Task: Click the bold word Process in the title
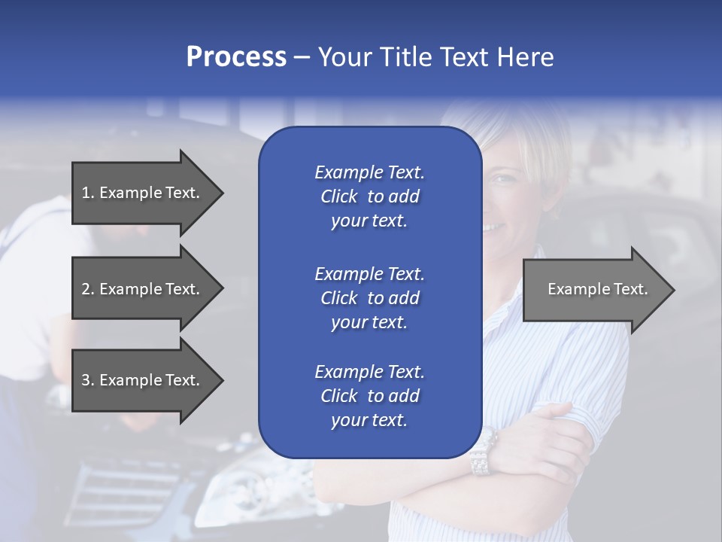pos(236,57)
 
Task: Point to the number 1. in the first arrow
pos(88,193)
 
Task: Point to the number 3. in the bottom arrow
pos(88,380)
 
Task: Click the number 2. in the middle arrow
pos(88,289)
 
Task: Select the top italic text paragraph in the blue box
pos(369,196)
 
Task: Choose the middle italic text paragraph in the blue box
pos(369,298)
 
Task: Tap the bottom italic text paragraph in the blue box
pos(369,396)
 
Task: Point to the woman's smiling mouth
pos(493,225)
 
